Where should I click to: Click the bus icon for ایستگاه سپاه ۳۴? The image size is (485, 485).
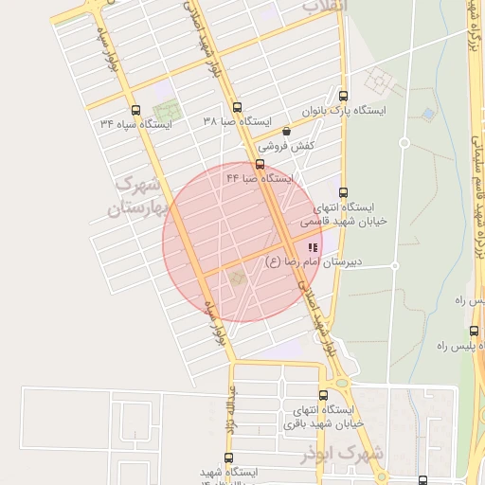pos(135,109)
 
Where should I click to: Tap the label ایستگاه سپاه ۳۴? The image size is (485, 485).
pos(135,123)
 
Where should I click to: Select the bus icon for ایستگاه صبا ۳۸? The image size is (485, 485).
pos(236,108)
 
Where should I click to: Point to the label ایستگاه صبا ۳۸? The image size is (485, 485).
pos(237,122)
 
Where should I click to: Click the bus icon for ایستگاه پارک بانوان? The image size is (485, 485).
pos(343,96)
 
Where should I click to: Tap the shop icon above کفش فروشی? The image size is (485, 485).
pos(286,132)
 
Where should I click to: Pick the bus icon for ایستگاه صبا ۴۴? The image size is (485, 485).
pos(260,163)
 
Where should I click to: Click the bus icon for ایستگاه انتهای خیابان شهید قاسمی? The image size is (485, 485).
pos(343,192)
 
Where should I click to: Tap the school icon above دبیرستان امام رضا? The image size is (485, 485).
pos(312,246)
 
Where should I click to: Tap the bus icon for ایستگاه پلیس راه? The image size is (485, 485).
pos(474,331)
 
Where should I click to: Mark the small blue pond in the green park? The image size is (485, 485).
pos(428,115)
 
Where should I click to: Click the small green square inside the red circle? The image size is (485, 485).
pos(236,278)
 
